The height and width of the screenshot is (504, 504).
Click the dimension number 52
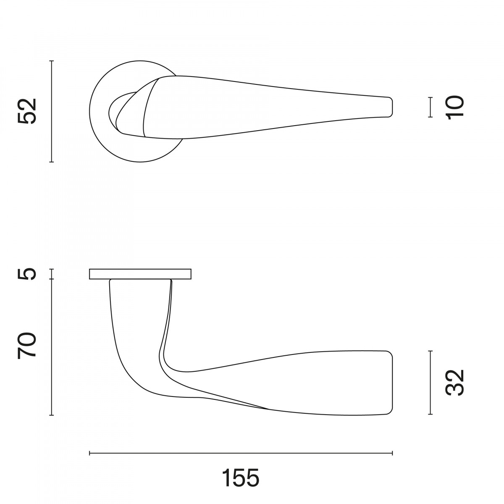tap(27, 111)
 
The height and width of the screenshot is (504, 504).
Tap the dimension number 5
tap(27, 274)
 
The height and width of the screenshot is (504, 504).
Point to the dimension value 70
tap(27, 345)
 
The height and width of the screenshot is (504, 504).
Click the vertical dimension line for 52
tap(52, 111)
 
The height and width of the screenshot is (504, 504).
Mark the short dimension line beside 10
tap(430, 107)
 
